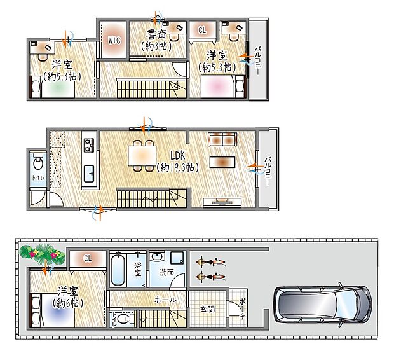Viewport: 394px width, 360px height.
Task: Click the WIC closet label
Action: [x=114, y=40]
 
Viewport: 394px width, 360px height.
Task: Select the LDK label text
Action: [x=177, y=155]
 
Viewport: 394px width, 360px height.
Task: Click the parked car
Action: [x=322, y=303]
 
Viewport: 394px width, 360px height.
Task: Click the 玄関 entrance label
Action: [x=208, y=310]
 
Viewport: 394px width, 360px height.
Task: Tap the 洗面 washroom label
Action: [x=166, y=272]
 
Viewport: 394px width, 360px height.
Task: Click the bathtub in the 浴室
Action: [x=119, y=270]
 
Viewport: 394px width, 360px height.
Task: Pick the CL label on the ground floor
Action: [x=86, y=258]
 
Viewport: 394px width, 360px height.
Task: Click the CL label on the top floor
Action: [x=202, y=30]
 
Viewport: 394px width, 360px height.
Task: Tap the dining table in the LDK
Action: [x=141, y=155]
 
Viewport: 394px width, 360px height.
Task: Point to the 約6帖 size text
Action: [x=66, y=303]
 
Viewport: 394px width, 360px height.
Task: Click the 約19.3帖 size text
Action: [x=177, y=168]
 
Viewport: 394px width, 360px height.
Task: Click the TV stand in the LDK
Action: [x=222, y=203]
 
